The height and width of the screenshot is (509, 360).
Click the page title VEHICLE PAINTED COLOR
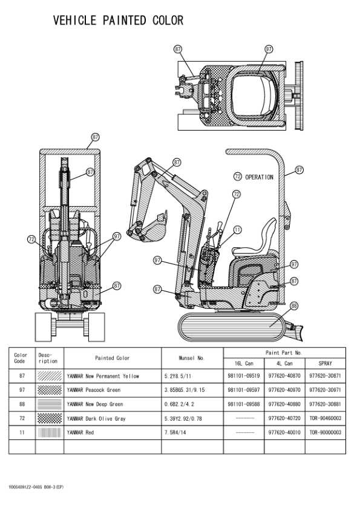click(118, 21)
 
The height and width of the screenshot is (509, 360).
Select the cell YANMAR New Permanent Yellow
click(103, 376)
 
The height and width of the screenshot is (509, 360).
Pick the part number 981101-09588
click(243, 404)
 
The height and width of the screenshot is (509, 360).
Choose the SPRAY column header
click(325, 363)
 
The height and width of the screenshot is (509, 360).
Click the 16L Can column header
click(243, 363)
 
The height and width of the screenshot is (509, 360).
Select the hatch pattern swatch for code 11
click(49, 432)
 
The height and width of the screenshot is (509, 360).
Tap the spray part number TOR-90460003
click(325, 418)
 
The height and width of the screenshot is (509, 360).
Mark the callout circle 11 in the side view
click(237, 230)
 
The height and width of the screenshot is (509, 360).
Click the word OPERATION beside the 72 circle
click(259, 177)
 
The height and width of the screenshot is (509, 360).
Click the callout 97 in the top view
click(269, 49)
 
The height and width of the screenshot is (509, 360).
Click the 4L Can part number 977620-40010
click(284, 432)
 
